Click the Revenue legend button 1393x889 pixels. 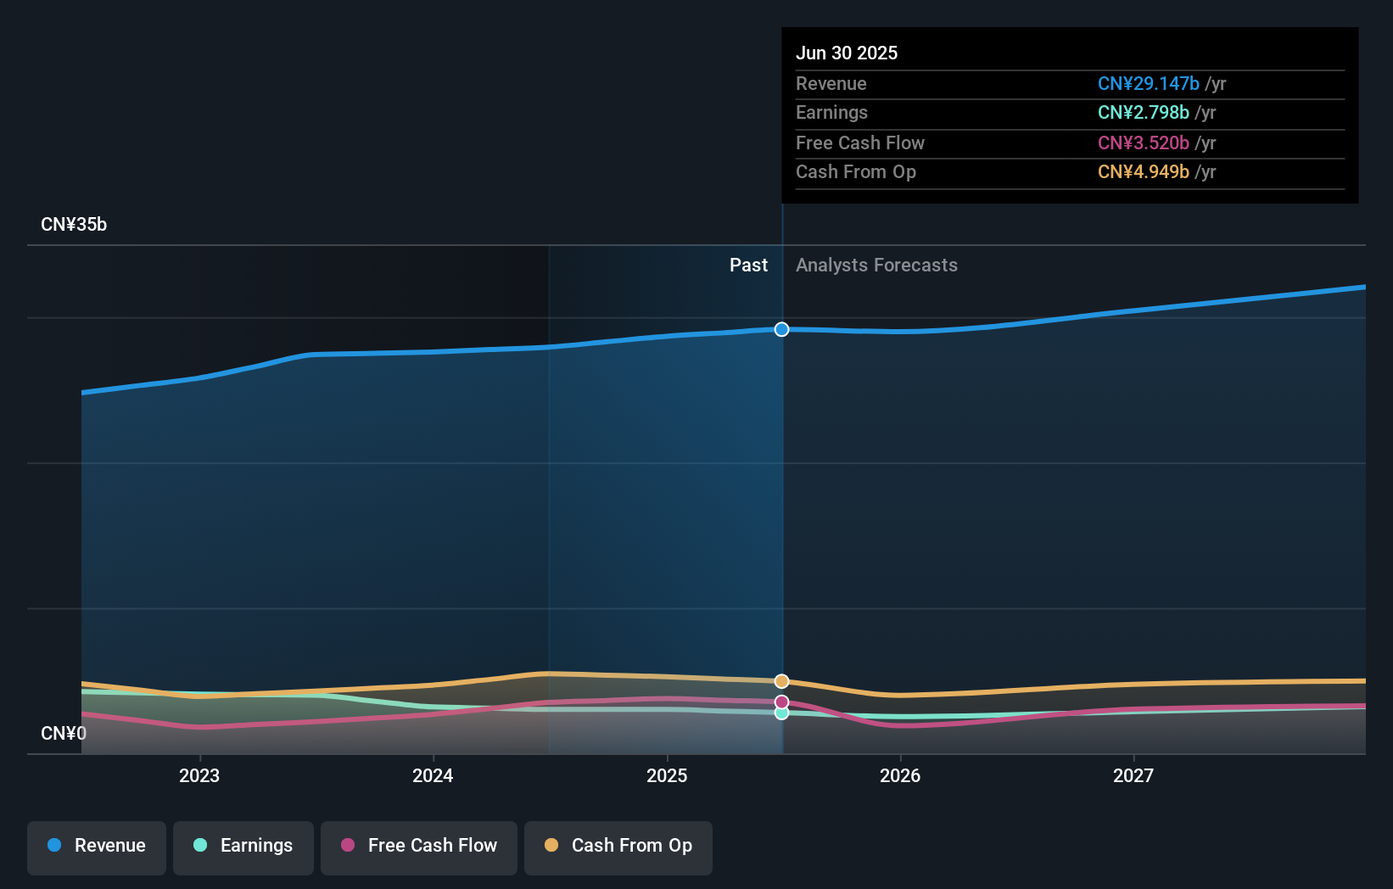click(x=97, y=846)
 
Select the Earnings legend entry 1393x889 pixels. click(x=243, y=846)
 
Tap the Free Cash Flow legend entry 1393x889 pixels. click(x=419, y=846)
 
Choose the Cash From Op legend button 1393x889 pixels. click(x=618, y=846)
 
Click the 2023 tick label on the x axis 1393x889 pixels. click(x=199, y=775)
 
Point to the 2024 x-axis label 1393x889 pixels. click(x=433, y=775)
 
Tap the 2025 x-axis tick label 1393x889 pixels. click(x=667, y=775)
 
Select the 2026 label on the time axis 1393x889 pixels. click(x=900, y=775)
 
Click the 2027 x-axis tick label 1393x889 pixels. click(x=1133, y=775)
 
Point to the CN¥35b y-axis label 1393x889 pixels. click(x=74, y=225)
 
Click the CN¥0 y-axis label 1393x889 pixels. click(x=64, y=733)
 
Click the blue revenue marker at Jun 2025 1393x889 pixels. click(x=781, y=329)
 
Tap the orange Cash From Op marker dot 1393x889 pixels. click(x=781, y=681)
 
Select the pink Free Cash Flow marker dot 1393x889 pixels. click(x=781, y=702)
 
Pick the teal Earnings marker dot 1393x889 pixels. click(x=781, y=713)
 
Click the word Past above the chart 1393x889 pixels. click(x=748, y=266)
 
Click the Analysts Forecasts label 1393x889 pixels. click(x=876, y=266)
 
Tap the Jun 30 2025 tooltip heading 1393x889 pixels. click(x=847, y=53)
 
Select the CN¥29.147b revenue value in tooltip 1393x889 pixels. click(x=1148, y=83)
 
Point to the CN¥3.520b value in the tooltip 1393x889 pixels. click(x=1143, y=143)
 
